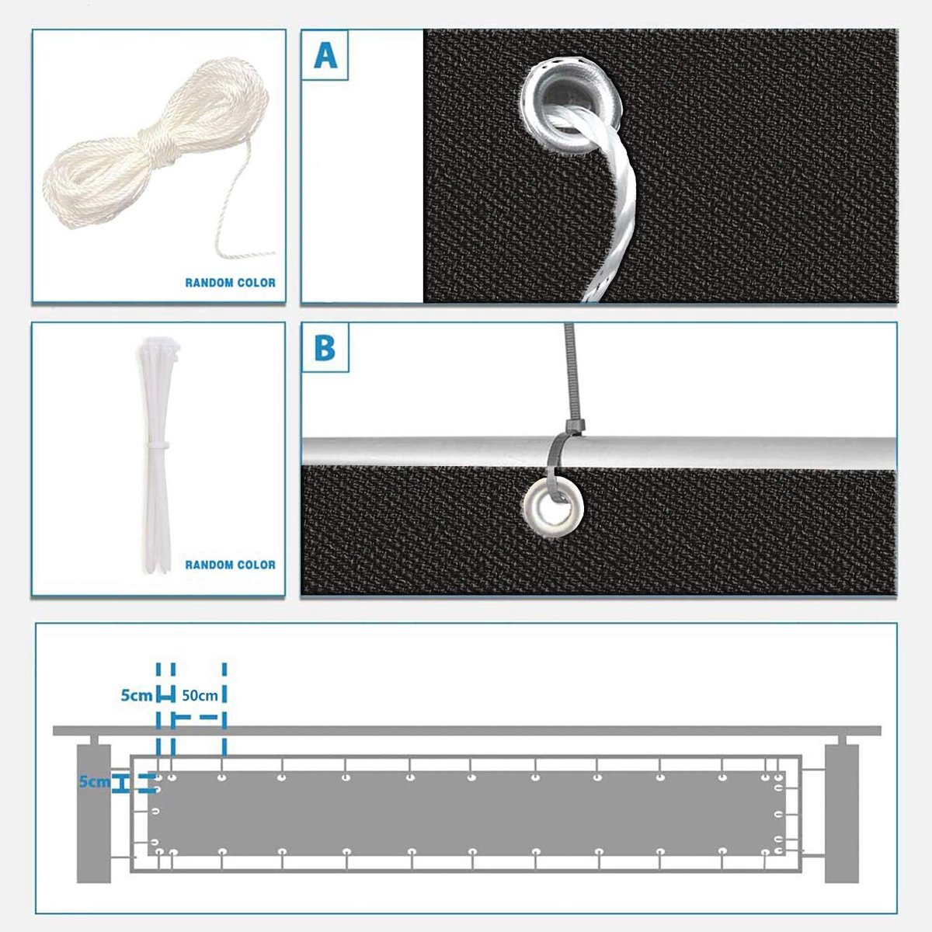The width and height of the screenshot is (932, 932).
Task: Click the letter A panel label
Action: tap(325, 56)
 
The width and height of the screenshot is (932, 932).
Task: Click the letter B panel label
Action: tap(325, 347)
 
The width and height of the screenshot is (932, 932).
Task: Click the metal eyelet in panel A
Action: tap(572, 106)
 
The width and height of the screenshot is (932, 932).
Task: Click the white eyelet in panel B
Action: tap(554, 508)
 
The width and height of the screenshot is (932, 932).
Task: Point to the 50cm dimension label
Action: tap(200, 695)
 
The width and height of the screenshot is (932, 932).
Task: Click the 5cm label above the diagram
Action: tap(136, 695)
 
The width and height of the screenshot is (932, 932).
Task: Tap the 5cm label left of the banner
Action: tap(94, 781)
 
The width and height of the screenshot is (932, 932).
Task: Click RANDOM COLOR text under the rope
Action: tap(230, 283)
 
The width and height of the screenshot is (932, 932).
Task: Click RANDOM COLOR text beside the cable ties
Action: tap(230, 565)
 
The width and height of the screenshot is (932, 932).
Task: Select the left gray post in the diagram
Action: tap(94, 813)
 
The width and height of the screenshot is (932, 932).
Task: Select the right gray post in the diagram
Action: tap(842, 813)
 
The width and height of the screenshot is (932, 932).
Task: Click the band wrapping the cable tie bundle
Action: tap(158, 444)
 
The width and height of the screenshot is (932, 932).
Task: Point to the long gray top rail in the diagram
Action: tap(467, 731)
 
